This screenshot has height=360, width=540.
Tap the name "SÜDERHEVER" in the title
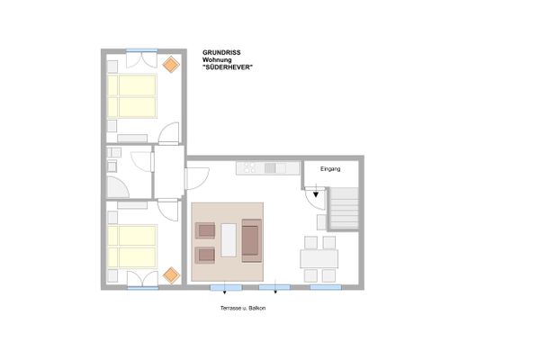(x=224, y=67)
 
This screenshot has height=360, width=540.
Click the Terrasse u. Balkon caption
(x=242, y=308)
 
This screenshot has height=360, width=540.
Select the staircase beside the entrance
(x=345, y=208)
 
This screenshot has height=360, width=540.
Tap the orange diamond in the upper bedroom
(x=170, y=64)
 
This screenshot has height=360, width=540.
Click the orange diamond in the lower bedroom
(x=169, y=274)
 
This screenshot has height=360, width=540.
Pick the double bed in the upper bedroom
(x=131, y=95)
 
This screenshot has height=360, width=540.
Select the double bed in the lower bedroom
(x=131, y=247)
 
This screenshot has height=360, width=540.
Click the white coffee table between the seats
(x=229, y=240)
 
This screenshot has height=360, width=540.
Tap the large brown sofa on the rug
(x=251, y=240)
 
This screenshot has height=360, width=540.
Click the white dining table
(x=319, y=258)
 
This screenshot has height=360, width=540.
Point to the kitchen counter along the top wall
(x=267, y=168)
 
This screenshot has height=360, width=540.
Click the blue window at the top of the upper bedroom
(x=141, y=50)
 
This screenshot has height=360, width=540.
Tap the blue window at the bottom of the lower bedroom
(x=141, y=287)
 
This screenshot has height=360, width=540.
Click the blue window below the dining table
(x=326, y=288)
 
